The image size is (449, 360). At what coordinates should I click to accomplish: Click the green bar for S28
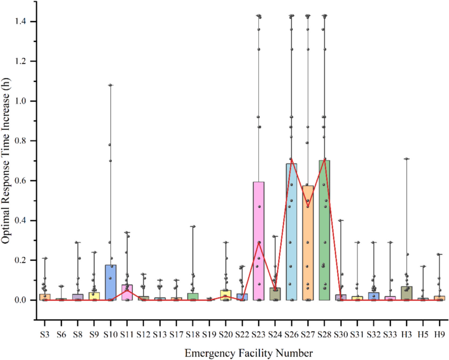(x=324, y=230)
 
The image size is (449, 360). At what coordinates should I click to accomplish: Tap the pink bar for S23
(x=259, y=241)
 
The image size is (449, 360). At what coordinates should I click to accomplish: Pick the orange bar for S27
(x=308, y=243)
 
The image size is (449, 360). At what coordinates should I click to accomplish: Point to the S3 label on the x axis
(x=44, y=334)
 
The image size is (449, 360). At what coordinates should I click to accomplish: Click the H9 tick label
(x=439, y=334)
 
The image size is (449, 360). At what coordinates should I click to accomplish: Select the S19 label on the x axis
(x=209, y=334)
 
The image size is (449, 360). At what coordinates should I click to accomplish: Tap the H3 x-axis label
(x=406, y=334)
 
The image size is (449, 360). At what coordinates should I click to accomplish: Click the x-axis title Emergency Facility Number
(x=249, y=353)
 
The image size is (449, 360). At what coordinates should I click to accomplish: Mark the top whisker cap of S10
(x=111, y=85)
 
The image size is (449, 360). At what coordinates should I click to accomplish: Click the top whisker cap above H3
(x=406, y=159)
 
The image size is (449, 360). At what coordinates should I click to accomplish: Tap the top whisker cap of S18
(x=193, y=226)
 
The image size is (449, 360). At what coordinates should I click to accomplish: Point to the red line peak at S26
(x=291, y=159)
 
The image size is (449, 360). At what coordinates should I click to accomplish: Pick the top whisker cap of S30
(x=341, y=221)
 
